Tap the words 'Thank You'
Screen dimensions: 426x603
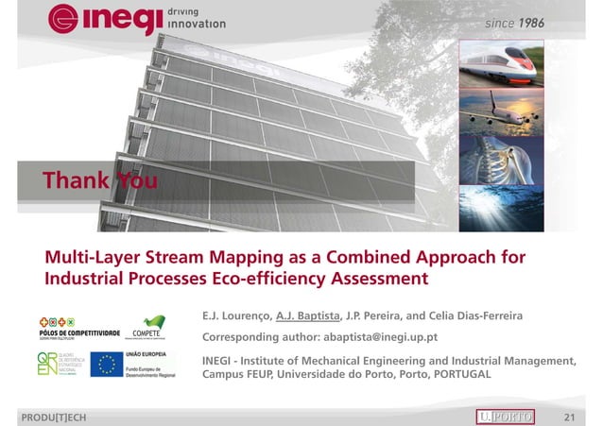click(x=99, y=179)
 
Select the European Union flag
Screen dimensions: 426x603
click(x=106, y=364)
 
